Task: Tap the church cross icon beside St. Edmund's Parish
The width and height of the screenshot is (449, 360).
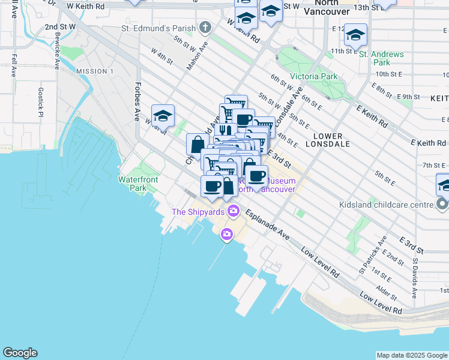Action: tap(205, 28)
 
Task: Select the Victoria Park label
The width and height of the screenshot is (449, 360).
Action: tap(313, 76)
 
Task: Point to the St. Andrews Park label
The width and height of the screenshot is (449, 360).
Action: tap(382, 58)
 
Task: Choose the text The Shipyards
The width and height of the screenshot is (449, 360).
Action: tap(197, 211)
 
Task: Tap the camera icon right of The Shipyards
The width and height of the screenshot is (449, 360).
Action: tap(234, 211)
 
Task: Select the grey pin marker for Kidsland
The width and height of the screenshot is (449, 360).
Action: tap(442, 205)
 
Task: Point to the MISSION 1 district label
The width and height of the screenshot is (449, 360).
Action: tap(95, 71)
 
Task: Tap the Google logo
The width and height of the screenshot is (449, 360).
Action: tap(20, 353)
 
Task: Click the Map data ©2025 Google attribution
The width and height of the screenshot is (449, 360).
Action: tap(411, 355)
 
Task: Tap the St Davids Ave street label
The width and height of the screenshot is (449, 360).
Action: tap(414, 278)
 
